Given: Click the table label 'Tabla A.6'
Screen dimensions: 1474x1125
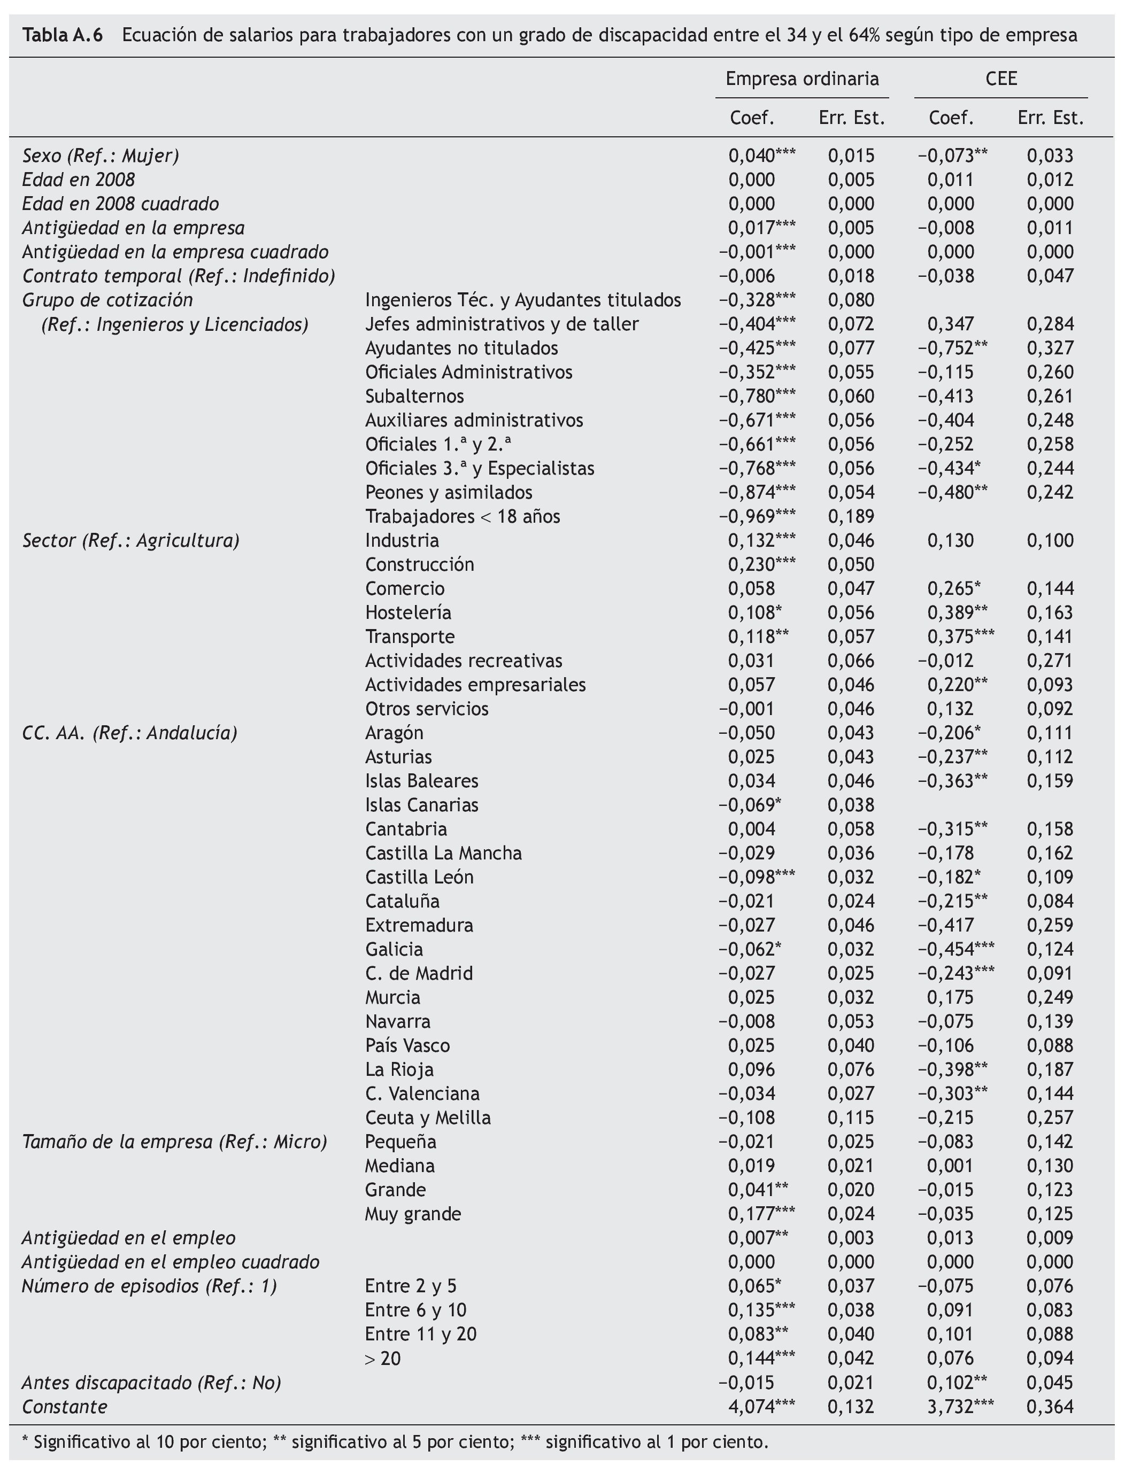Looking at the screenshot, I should [63, 35].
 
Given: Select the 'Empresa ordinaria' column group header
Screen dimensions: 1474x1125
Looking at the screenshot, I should [802, 79].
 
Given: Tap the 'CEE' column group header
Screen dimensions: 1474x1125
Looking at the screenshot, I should [1001, 79].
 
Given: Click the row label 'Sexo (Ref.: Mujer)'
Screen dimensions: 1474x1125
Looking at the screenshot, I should [101, 156].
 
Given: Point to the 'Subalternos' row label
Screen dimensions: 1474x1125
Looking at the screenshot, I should [414, 396].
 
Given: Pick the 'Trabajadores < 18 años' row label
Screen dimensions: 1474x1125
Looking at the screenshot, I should [462, 517].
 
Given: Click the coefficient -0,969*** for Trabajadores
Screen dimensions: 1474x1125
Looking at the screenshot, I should [757, 517].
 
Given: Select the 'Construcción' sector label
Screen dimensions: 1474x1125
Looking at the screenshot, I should [419, 565].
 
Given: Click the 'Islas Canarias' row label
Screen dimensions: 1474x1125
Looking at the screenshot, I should [421, 805].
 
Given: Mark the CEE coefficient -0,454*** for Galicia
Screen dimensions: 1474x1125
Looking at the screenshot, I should [956, 949].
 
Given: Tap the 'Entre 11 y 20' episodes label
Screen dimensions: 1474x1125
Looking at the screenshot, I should [420, 1334].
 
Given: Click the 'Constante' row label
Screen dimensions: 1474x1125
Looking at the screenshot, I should [64, 1406].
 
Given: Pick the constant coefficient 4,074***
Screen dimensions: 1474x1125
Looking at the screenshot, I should [761, 1406].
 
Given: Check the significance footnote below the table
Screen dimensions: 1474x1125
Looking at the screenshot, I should [395, 1441].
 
